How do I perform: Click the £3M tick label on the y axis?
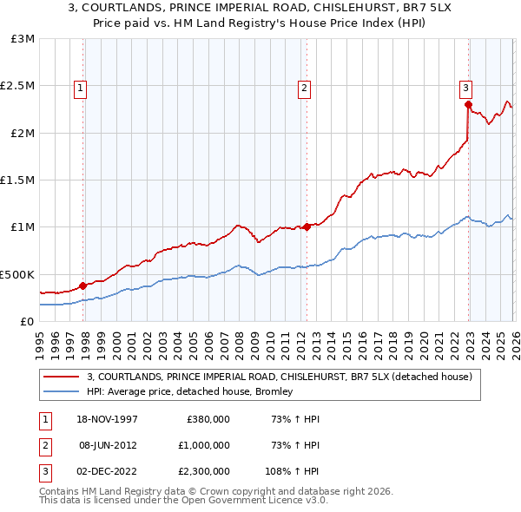coord(23,39)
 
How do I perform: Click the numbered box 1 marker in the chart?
coord(80,87)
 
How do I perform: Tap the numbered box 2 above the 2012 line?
coord(305,87)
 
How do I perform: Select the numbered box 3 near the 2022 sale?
coord(465,87)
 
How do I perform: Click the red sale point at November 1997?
coord(83,285)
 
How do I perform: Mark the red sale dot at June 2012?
coord(307,226)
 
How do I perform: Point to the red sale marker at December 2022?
coord(467,105)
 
